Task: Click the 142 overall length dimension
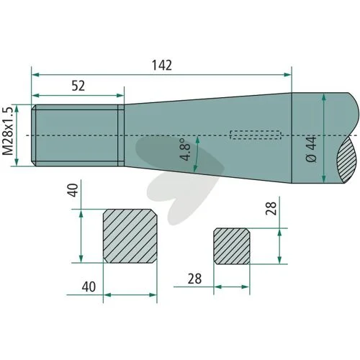pyautogui.click(x=162, y=66)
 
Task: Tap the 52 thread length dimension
pyautogui.click(x=78, y=86)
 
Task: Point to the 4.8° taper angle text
pyautogui.click(x=185, y=149)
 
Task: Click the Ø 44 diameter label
pyautogui.click(x=311, y=149)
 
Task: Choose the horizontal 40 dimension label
pyautogui.click(x=89, y=287)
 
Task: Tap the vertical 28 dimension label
pyautogui.click(x=271, y=208)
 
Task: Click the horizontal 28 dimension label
pyautogui.click(x=194, y=279)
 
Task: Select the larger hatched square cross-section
pyautogui.click(x=130, y=236)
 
